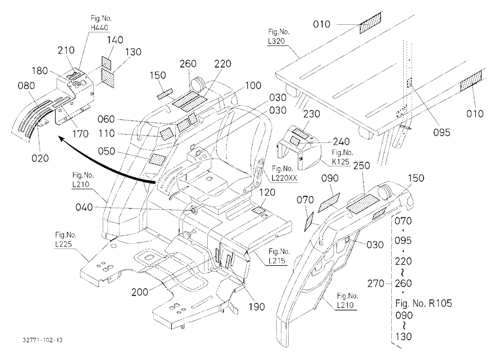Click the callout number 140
(x=115, y=40)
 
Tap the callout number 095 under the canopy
(x=441, y=132)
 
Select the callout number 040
(x=84, y=208)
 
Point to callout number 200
(x=140, y=292)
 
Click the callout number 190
(x=256, y=306)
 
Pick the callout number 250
(x=362, y=166)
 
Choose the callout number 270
(x=375, y=284)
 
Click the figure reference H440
(x=99, y=28)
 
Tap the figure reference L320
(x=276, y=41)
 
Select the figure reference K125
(x=341, y=162)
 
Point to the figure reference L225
(x=63, y=244)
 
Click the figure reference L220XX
(x=285, y=178)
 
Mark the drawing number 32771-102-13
(x=43, y=340)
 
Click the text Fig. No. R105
(x=424, y=303)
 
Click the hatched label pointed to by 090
(x=329, y=202)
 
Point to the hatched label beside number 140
(x=106, y=63)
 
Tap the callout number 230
(x=311, y=114)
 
